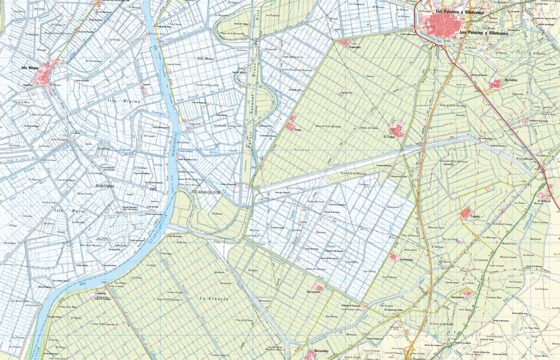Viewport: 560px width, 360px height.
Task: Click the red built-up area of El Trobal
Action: click(397, 129)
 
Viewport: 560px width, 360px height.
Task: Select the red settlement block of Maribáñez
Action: click(495, 84)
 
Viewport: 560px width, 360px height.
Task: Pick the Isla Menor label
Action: click(205, 59)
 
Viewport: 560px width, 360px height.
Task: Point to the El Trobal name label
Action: click(390, 137)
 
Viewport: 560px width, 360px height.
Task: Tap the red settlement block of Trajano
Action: click(466, 213)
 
